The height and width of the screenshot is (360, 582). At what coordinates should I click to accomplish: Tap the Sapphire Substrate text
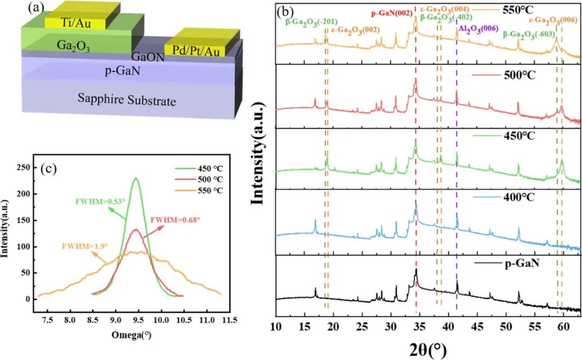point(127,99)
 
